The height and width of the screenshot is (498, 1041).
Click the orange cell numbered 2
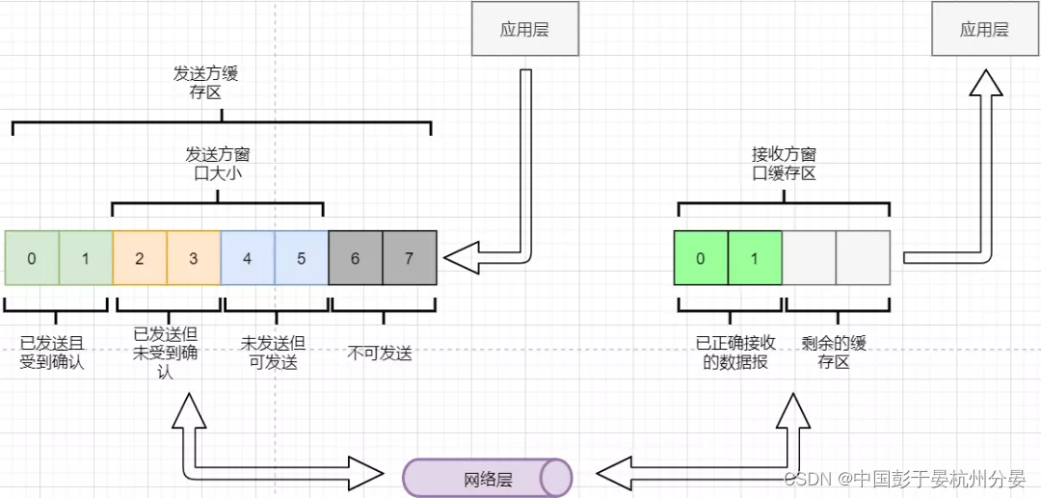pos(140,258)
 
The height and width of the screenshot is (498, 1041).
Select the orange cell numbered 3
pos(194,258)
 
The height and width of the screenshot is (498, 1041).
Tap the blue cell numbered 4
pos(248,258)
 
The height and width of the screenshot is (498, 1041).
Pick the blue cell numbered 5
pos(302,258)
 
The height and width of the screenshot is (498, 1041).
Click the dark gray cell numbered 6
pos(356,258)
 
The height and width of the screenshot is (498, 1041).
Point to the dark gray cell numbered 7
pos(410,258)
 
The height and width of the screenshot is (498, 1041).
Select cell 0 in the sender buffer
pos(32,258)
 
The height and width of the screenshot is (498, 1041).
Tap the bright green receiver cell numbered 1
pos(755,258)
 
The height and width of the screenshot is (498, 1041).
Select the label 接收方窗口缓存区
pos(784,163)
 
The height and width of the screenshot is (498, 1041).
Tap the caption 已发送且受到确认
pos(52,353)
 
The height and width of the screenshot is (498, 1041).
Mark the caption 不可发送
pos(380,354)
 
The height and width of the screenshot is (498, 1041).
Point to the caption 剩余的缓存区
pos(834,353)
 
